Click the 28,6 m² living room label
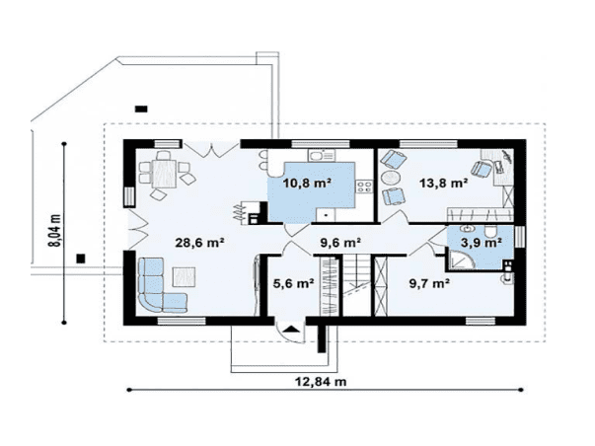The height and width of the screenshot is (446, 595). click(x=199, y=242)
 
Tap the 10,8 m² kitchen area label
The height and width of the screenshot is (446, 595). click(x=307, y=183)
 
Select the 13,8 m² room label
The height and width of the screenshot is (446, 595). click(x=443, y=183)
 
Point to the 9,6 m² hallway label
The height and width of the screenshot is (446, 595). click(x=340, y=242)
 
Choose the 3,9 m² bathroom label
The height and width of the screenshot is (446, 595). click(x=482, y=242)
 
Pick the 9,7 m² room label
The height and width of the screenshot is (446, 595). click(x=429, y=283)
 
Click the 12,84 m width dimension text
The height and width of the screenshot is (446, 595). click(x=321, y=381)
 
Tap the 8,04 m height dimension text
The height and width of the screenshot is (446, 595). click(x=54, y=231)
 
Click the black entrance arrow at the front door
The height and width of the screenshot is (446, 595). click(x=291, y=329)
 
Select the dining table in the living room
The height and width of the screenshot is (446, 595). click(x=164, y=174)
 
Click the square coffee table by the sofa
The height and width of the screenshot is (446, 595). click(x=185, y=276)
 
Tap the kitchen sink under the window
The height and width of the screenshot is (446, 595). click(x=322, y=155)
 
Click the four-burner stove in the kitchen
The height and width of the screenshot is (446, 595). click(x=364, y=186)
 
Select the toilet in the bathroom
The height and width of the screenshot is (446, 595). click(x=491, y=231)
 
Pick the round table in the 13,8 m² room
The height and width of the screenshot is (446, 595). click(x=391, y=177)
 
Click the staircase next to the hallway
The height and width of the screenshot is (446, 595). click(x=357, y=285)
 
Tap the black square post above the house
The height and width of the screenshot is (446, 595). click(x=141, y=109)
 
